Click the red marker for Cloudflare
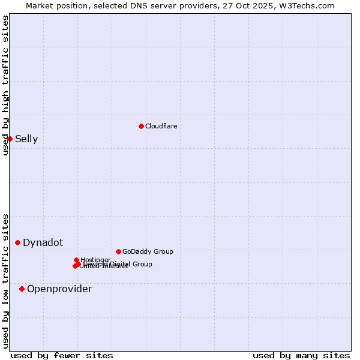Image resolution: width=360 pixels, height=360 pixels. [141, 126]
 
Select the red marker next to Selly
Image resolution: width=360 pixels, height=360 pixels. [10, 139]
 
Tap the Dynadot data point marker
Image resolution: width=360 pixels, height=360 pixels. [18, 242]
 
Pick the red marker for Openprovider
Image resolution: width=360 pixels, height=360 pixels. [22, 289]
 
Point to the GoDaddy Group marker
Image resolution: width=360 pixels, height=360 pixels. [118, 251]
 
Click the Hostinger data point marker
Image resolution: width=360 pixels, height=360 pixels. [77, 260]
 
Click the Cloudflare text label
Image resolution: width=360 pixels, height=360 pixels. [161, 126]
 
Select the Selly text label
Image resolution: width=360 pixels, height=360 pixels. [26, 139]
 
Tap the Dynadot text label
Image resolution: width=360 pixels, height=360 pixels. [43, 243]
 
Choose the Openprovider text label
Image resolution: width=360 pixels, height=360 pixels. [59, 289]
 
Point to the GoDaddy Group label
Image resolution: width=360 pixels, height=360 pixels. [147, 251]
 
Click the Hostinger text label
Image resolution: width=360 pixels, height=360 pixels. [95, 260]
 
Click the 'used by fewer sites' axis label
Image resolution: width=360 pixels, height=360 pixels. [62, 356]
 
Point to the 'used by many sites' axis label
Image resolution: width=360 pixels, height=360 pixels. [301, 356]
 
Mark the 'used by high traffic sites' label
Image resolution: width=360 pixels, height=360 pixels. [5, 85]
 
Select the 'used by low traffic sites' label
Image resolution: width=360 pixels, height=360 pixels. [5, 281]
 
